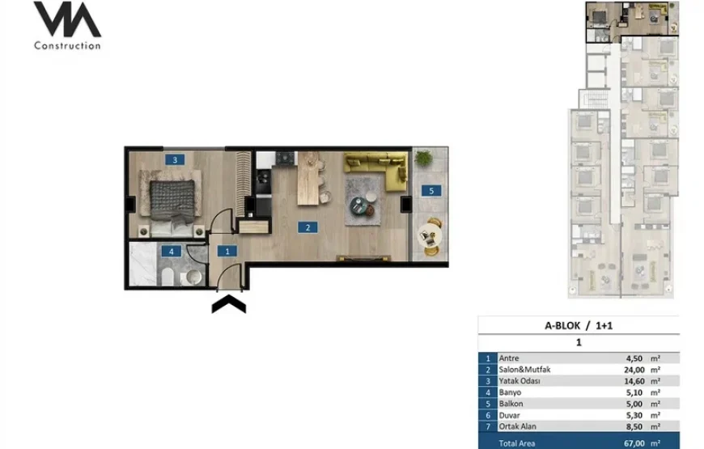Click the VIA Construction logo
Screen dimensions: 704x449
(x=67, y=26)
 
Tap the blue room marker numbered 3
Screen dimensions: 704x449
(x=175, y=159)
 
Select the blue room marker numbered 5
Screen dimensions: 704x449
(x=431, y=190)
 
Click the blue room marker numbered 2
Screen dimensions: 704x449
(x=307, y=227)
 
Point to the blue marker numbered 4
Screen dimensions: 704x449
(x=171, y=252)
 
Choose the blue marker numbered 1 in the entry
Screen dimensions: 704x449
(x=227, y=251)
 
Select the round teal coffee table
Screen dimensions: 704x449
(x=359, y=206)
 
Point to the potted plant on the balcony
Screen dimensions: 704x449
(x=423, y=158)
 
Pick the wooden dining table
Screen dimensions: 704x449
(x=309, y=178)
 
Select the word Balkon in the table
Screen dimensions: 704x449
(x=511, y=404)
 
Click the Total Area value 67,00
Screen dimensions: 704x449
(x=634, y=443)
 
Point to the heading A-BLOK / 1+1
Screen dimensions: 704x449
(x=579, y=325)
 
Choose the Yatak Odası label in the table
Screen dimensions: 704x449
(x=520, y=381)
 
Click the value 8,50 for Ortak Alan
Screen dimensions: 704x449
(x=634, y=426)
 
